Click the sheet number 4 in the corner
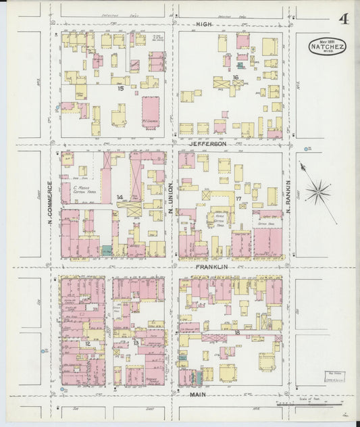coord(343,18)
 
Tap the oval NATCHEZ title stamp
coord(328,47)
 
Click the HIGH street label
coord(204,24)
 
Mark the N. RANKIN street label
coord(287,192)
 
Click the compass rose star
coord(317,192)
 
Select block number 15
coord(120,88)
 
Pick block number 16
coord(235,78)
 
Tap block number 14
coord(120,197)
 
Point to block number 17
coord(238,198)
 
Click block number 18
coord(237,333)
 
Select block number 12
coord(88,344)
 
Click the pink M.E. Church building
coord(150,112)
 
